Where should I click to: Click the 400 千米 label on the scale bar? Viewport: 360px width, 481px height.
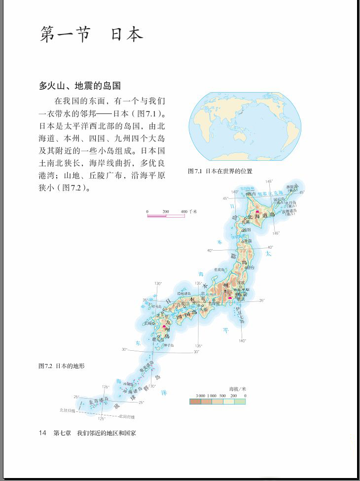point(188,212)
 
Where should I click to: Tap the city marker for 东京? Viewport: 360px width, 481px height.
point(237,295)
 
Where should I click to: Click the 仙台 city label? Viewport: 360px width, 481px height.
point(251,268)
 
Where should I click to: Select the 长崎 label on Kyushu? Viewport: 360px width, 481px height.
point(148,324)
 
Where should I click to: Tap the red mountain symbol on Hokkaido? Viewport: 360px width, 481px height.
point(256,211)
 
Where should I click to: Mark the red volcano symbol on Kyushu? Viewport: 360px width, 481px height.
point(164,326)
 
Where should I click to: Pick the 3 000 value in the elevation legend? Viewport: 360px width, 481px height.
point(200,396)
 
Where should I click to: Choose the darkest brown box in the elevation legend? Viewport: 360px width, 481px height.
point(195,402)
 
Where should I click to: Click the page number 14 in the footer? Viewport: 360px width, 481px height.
point(42,433)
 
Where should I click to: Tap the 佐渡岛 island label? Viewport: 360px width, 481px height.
point(219,269)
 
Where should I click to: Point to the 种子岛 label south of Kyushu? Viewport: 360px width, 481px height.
point(168,346)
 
